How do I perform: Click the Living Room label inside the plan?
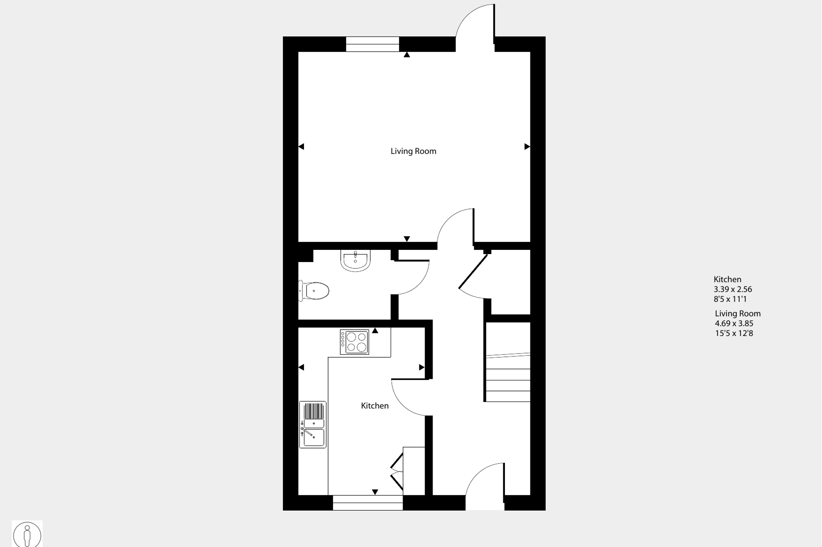click(413, 151)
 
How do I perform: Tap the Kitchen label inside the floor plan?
click(375, 406)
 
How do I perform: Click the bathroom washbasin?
click(355, 260)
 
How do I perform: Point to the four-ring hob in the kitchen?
click(355, 342)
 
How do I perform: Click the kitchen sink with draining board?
click(313, 424)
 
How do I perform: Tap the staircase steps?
click(508, 378)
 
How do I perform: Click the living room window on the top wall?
click(372, 44)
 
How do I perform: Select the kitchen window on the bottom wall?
click(367, 503)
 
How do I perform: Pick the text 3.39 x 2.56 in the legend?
click(733, 290)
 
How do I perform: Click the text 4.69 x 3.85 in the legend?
click(734, 323)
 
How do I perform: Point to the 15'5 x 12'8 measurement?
click(734, 333)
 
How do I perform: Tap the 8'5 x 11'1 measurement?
click(730, 299)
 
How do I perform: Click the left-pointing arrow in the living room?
click(301, 147)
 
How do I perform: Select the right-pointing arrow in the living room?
click(527, 147)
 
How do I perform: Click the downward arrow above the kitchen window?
click(375, 492)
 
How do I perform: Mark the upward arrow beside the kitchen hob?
click(375, 331)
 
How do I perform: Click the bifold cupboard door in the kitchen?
click(397, 471)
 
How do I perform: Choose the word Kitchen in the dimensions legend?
click(727, 279)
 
